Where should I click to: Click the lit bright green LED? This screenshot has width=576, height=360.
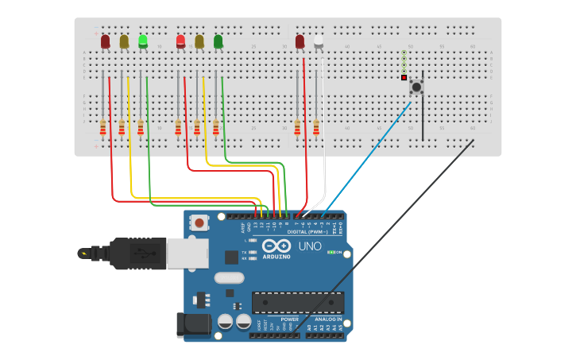point(143,41)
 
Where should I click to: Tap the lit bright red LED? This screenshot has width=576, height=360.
point(180,41)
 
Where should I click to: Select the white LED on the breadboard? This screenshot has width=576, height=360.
point(319,41)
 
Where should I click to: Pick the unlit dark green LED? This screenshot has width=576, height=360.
point(218,41)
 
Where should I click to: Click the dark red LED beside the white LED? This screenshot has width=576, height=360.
point(300,41)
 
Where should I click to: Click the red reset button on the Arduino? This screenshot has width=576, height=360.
point(199,223)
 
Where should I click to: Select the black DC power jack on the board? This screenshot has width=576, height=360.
point(192,323)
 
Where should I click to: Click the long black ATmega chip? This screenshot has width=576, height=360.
point(298,303)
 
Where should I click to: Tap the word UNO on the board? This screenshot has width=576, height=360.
point(310,246)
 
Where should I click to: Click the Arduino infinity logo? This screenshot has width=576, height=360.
point(276,246)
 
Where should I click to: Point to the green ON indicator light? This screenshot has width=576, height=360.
point(331,252)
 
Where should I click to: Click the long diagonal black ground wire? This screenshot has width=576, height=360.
point(381,238)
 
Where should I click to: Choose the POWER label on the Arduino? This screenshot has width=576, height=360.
point(289,319)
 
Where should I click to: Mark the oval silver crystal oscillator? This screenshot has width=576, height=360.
point(229,278)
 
